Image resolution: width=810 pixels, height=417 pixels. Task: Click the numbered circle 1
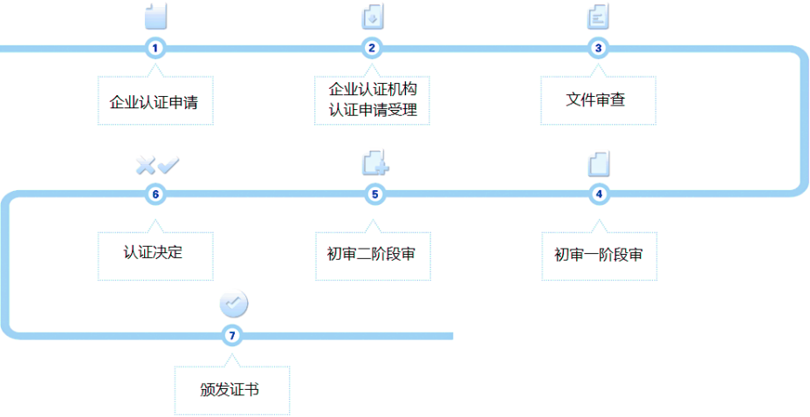[x=155, y=48]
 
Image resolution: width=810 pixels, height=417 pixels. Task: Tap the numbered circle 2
[x=372, y=48]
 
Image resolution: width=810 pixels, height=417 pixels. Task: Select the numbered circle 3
[x=598, y=48]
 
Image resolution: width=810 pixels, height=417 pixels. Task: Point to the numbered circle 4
[x=598, y=194]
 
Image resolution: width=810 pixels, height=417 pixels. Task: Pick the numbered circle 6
[x=155, y=194]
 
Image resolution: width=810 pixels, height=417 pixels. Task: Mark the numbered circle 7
[x=231, y=335]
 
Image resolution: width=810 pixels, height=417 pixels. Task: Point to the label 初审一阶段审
[x=598, y=255]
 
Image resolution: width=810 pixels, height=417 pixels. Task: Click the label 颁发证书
[x=230, y=389]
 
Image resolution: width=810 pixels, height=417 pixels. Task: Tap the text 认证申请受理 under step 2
[x=372, y=111]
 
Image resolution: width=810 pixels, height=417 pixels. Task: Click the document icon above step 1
[x=155, y=17]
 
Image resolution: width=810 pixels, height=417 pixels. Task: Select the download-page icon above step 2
[x=373, y=17]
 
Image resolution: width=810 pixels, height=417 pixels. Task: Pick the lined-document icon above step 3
[x=599, y=17]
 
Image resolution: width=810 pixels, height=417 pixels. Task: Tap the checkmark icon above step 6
[x=168, y=164]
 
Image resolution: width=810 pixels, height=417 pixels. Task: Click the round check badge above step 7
[x=233, y=304]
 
